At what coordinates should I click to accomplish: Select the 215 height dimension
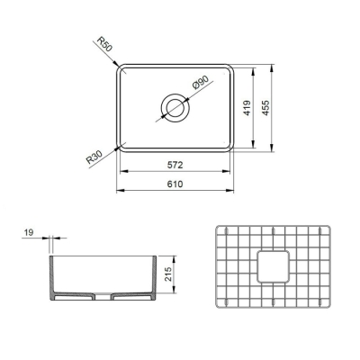click(168, 274)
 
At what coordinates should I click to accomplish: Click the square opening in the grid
click(273, 266)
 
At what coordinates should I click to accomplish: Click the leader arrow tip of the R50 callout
click(120, 67)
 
